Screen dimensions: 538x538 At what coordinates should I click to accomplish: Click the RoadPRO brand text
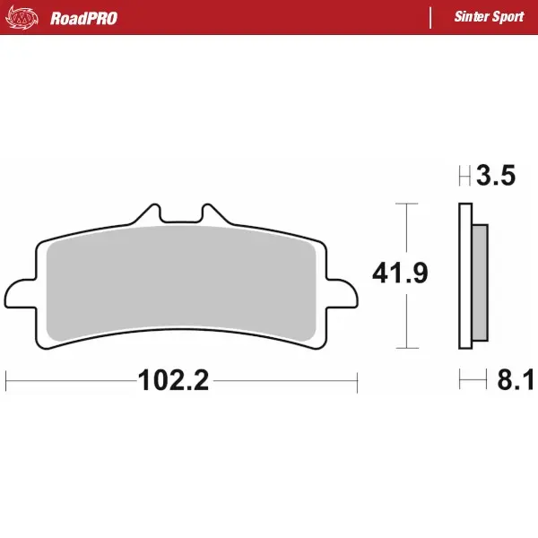click(83, 18)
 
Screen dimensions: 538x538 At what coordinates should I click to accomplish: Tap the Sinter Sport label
click(490, 18)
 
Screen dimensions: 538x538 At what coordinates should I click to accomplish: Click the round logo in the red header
click(26, 18)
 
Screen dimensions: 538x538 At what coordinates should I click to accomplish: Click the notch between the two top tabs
click(181, 218)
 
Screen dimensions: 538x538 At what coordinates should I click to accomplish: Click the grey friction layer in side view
click(480, 282)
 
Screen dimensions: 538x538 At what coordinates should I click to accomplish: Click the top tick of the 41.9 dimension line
click(408, 204)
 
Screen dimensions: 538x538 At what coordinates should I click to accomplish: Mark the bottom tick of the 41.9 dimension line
click(408, 348)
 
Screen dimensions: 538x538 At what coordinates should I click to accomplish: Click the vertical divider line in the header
click(431, 18)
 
